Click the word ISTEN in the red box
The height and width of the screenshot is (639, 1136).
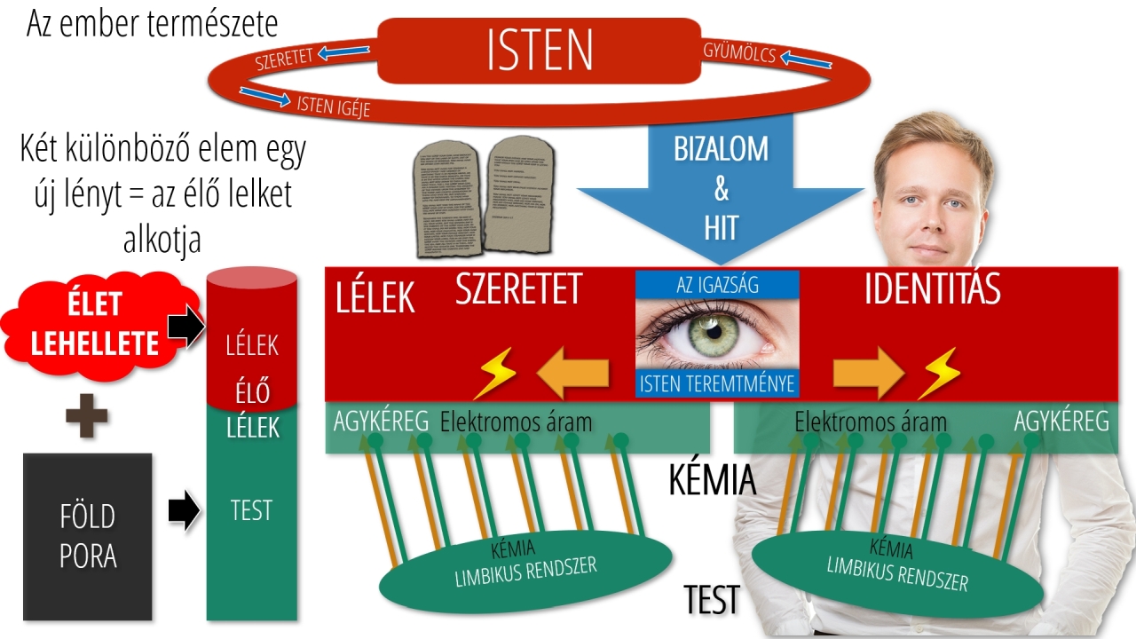540,51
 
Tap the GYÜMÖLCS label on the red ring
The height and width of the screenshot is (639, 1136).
738,54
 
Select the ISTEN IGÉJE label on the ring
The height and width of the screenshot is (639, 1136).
333,106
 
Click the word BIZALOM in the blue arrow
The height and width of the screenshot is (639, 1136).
721,148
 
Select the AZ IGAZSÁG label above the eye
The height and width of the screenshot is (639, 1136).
717,285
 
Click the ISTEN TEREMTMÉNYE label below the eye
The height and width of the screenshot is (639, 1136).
717,384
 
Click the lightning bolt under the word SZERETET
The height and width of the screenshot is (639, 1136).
493,374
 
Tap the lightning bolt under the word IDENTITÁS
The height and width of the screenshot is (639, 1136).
940,373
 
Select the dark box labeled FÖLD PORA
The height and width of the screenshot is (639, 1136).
87,536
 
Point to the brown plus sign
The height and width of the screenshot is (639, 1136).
87,419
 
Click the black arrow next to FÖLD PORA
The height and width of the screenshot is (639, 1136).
184,511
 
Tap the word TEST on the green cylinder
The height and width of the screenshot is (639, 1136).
251,511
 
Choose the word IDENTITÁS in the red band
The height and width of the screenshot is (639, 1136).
932,290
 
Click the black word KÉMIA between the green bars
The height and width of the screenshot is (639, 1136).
712,480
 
